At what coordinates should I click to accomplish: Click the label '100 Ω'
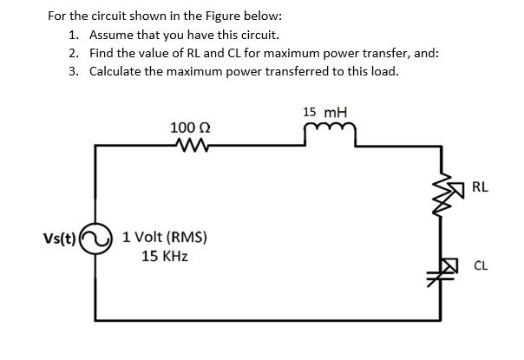[x=187, y=128]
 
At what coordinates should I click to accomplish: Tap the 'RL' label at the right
[x=481, y=186]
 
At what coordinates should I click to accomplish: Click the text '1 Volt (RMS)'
[x=165, y=237]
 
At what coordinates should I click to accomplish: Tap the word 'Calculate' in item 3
[x=119, y=70]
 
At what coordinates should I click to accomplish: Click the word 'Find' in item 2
[x=102, y=53]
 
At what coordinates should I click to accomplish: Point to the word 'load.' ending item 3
[x=383, y=70]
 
